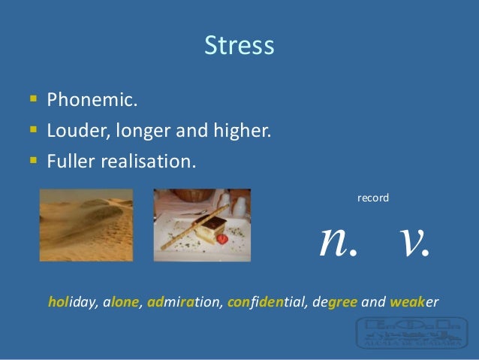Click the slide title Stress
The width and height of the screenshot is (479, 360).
pos(239,47)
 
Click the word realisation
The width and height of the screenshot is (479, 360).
pos(143,162)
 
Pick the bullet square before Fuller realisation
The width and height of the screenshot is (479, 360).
pos(31,161)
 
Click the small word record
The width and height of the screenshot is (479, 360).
pos(372,198)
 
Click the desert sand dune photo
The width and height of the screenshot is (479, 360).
pos(86,224)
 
